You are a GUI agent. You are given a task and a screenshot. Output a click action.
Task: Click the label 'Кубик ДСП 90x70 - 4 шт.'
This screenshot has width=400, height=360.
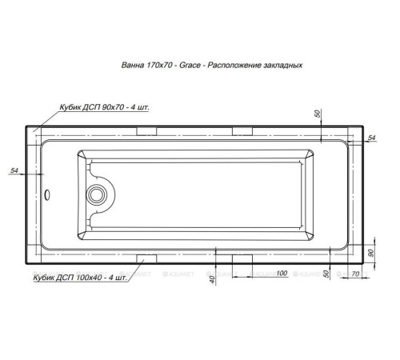point(100,106)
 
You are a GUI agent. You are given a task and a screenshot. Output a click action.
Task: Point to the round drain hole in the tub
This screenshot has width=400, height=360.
point(99,193)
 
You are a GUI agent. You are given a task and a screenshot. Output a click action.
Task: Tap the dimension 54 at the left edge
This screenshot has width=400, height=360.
point(14,170)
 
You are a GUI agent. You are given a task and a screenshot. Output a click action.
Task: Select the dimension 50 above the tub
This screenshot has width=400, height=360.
point(318,113)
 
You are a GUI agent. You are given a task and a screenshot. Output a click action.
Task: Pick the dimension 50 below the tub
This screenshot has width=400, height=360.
point(326,274)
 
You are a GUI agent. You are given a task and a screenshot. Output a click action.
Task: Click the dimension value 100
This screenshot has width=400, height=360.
point(282,273)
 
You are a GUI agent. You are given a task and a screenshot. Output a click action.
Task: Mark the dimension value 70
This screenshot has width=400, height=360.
point(356,274)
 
